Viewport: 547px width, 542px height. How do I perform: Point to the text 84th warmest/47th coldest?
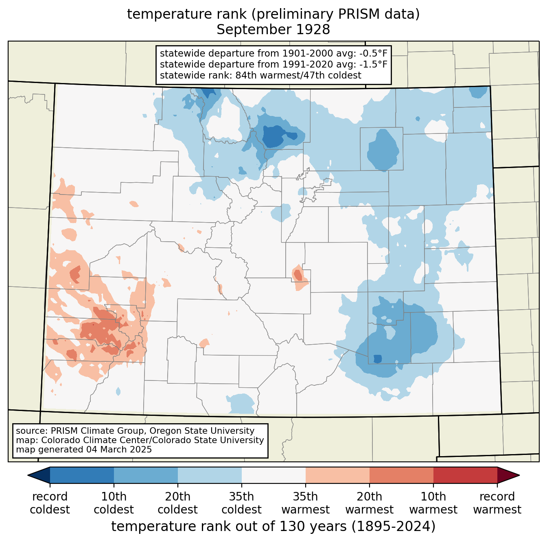(298, 75)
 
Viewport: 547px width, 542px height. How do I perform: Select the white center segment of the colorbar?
(273, 475)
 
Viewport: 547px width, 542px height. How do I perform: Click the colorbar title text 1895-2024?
(394, 526)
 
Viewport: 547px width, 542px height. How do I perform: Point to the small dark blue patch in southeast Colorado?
(378, 358)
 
